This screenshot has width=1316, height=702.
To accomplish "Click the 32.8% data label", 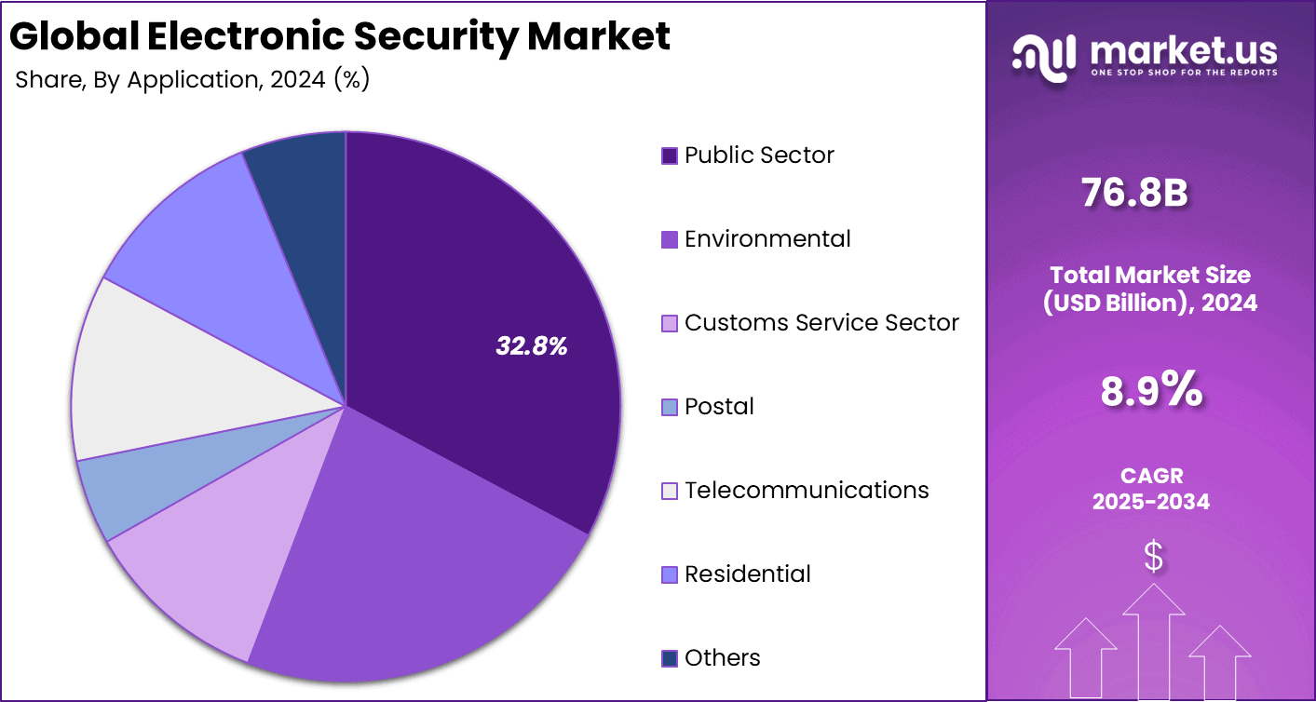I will click(x=531, y=347).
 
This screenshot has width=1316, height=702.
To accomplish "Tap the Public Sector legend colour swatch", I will click(x=669, y=155).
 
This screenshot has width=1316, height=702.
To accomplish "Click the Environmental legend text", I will click(x=767, y=239).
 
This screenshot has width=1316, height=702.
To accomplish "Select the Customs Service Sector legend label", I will click(x=821, y=323).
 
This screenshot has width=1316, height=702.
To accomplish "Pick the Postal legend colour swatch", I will click(x=669, y=407).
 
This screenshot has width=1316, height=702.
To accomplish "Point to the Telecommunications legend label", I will click(x=807, y=491).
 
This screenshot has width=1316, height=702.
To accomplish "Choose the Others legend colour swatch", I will click(x=669, y=658).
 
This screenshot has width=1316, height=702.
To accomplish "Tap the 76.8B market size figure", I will click(x=1134, y=193).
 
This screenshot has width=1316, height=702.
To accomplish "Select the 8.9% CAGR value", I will click(x=1151, y=391).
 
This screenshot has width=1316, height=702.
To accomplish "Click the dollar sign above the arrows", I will click(x=1153, y=557).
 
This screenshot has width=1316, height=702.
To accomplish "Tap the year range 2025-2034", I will click(x=1151, y=502).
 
